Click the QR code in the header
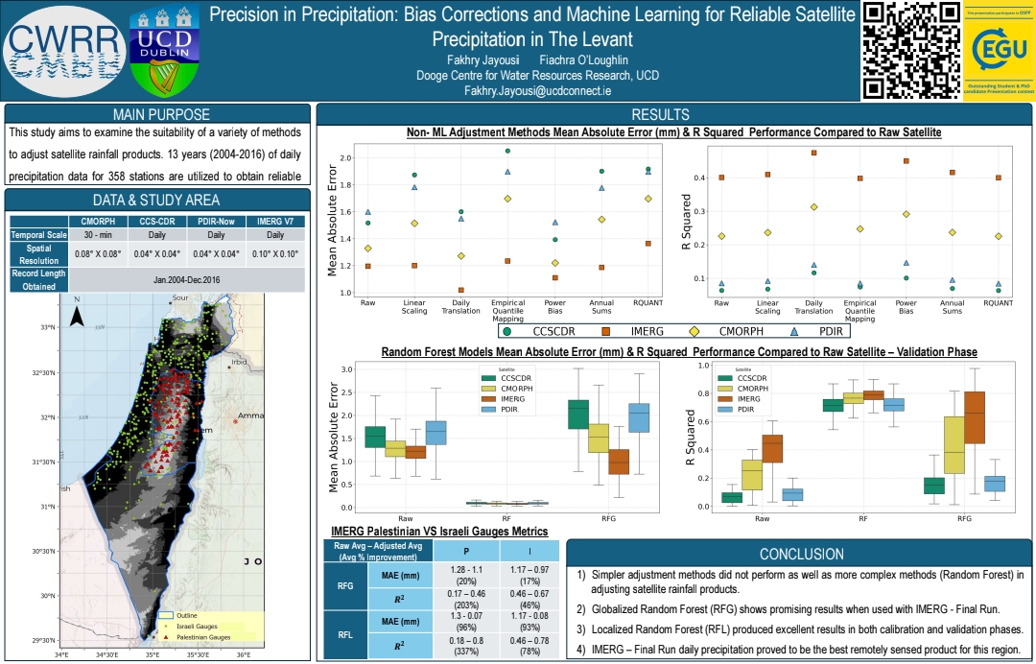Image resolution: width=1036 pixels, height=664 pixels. pyautogui.click(x=910, y=50)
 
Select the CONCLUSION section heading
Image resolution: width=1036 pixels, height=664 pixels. pyautogui.click(x=802, y=554)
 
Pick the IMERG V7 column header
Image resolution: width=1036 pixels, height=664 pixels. pyautogui.click(x=276, y=221)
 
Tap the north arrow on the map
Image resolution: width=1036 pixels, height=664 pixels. pyautogui.click(x=79, y=313)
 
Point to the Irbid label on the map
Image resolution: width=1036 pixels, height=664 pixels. pyautogui.click(x=239, y=363)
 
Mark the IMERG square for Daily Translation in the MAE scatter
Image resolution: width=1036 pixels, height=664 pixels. pyautogui.click(x=461, y=290)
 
